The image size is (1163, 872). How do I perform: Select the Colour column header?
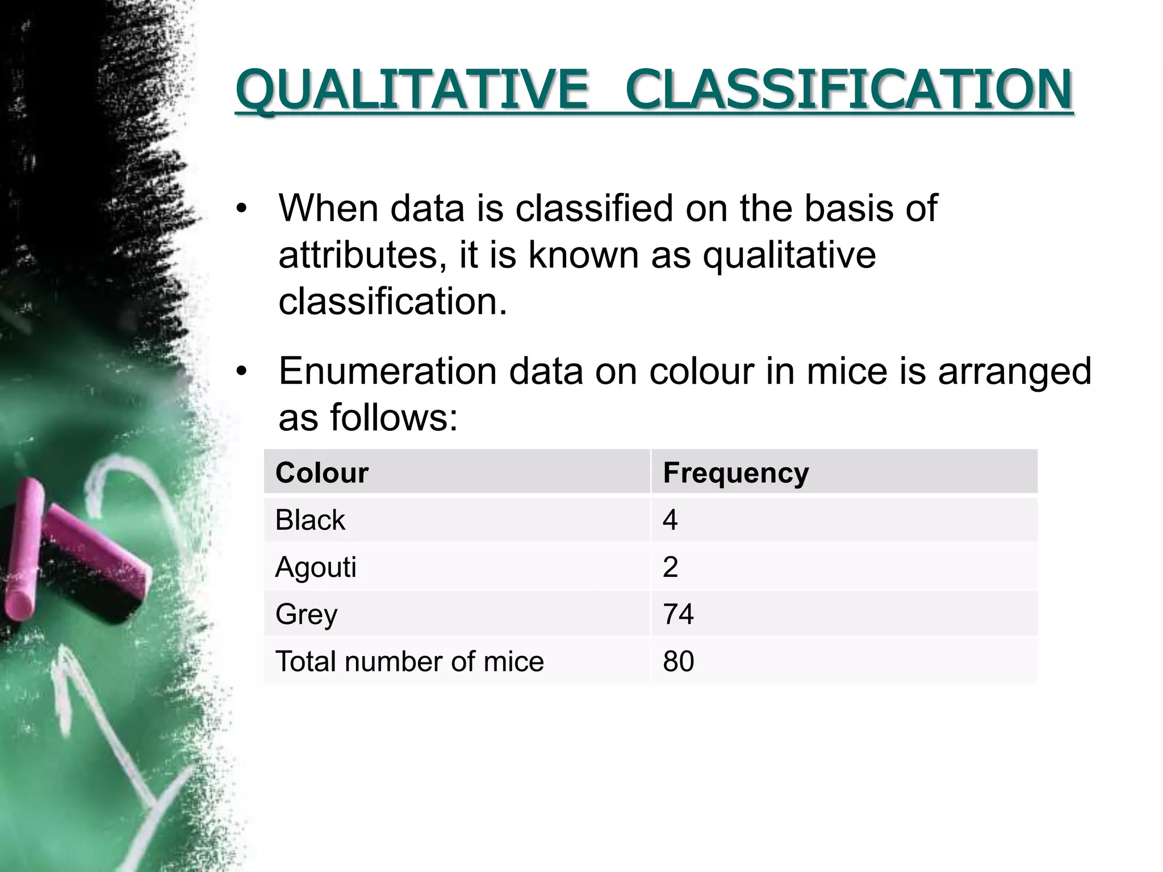[322, 473]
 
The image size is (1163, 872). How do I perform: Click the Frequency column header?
[736, 473]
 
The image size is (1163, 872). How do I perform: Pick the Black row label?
[310, 520]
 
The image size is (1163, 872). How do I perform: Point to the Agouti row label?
[316, 567]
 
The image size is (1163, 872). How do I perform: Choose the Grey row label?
[307, 614]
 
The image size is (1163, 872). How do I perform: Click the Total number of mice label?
[409, 661]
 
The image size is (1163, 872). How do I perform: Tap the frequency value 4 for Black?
[670, 520]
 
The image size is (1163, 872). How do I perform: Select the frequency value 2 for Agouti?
[670, 567]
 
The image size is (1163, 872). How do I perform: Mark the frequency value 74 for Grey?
[678, 614]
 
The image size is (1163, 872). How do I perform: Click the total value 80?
[678, 661]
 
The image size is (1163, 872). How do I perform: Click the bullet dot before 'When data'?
[242, 209]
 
